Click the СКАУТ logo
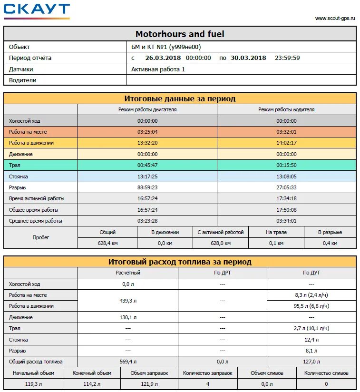(x=37, y=11)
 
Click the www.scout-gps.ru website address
(x=335, y=18)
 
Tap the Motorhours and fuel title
(x=180, y=34)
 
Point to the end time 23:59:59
(x=287, y=58)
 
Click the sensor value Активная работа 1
(x=158, y=69)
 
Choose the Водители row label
(x=23, y=80)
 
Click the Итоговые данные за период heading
(x=180, y=99)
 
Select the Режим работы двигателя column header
(x=147, y=109)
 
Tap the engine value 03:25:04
(x=147, y=132)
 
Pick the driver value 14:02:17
(x=286, y=143)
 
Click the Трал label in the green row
(x=15, y=165)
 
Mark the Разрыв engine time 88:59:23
(x=147, y=187)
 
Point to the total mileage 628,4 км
(x=107, y=243)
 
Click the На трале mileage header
(x=276, y=232)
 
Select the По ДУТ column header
(x=311, y=273)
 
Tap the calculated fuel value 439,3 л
(x=128, y=301)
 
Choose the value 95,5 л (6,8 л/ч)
(x=311, y=306)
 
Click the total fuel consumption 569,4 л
(x=128, y=362)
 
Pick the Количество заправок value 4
(x=207, y=384)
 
